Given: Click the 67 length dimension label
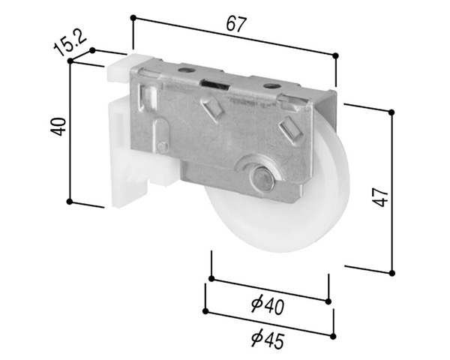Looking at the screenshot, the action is [236, 23].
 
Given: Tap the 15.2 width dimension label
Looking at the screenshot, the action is [70, 43].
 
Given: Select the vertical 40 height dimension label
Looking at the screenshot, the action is [58, 127].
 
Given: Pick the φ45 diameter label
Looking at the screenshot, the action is [268, 340].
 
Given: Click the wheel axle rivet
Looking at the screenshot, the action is [262, 178].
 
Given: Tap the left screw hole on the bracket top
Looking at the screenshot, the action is [186, 70].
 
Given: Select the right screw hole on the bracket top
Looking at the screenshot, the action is [272, 85].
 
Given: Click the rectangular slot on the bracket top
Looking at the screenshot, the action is [215, 83].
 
